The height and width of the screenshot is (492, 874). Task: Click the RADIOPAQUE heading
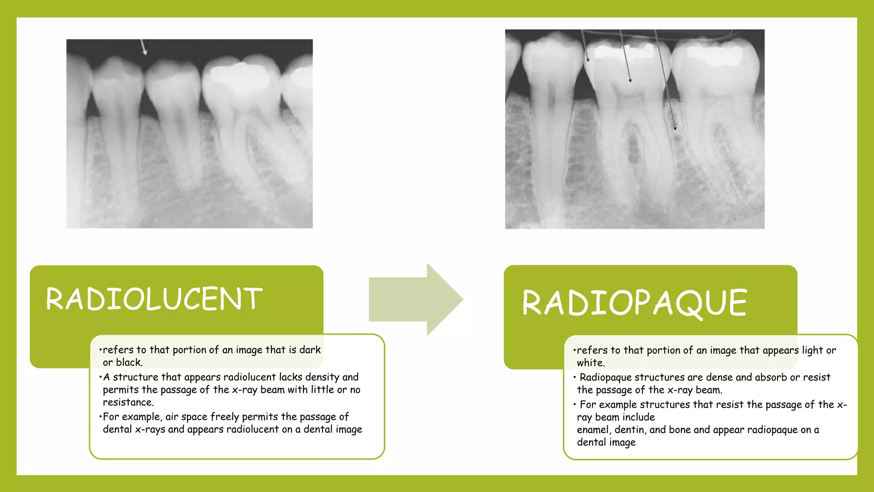(635, 302)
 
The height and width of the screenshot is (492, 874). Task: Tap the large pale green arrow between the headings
(416, 299)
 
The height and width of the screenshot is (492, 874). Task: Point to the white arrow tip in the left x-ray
(146, 54)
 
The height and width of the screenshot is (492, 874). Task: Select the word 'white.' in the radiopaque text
(591, 363)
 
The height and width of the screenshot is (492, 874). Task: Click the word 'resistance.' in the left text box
(128, 402)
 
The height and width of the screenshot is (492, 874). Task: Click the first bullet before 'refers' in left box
(100, 350)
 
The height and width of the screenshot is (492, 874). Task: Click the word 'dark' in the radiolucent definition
(310, 350)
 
